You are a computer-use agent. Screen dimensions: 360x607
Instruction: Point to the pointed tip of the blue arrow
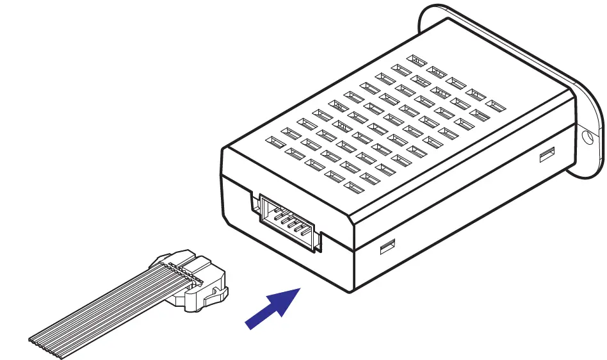tap(300, 289)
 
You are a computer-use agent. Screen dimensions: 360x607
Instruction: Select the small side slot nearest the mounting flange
tap(547, 154)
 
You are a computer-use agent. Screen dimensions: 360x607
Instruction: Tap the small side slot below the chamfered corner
tap(387, 246)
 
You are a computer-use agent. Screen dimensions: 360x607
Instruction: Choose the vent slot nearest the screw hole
tap(493, 103)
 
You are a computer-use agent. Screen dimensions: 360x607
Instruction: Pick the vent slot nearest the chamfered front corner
tap(352, 186)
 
